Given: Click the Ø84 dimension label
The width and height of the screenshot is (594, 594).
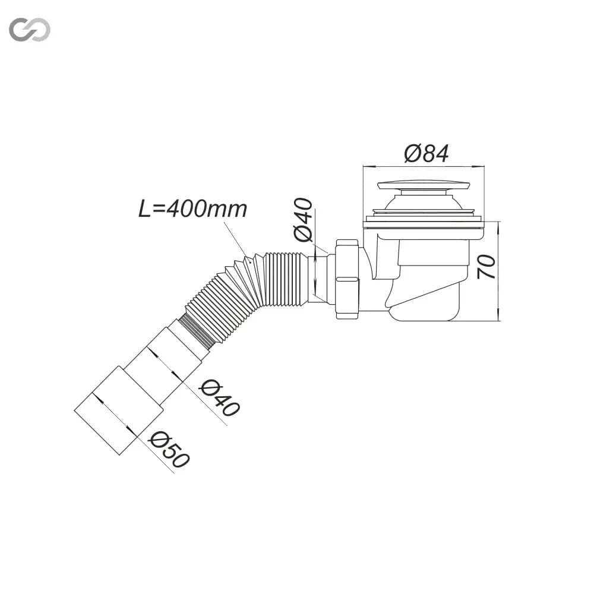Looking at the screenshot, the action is (x=426, y=153).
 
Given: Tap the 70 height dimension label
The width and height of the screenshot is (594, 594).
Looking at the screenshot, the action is (x=486, y=267).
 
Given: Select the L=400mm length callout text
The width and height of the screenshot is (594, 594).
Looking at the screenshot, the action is (x=193, y=208).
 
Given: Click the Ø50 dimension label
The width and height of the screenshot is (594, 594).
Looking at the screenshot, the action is (x=169, y=450).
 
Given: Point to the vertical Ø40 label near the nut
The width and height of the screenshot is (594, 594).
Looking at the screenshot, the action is (x=304, y=219).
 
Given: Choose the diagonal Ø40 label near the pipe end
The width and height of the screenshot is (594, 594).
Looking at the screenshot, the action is (x=220, y=398).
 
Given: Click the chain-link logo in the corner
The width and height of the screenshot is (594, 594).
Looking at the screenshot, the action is (x=30, y=30).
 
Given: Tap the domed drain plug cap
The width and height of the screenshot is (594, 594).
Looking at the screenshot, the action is (x=424, y=185).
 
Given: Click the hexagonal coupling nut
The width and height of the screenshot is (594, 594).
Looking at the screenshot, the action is (x=347, y=280).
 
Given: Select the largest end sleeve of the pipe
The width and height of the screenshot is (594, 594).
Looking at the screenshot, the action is (x=119, y=410).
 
